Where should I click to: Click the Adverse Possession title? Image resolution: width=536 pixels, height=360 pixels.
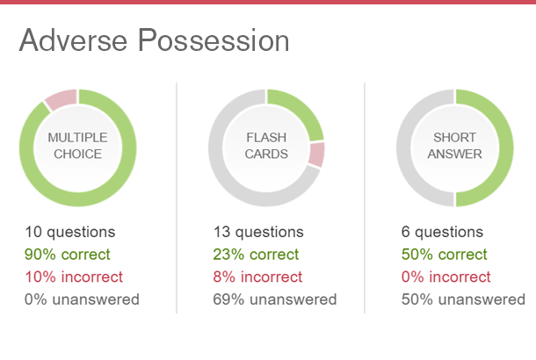coord(154,40)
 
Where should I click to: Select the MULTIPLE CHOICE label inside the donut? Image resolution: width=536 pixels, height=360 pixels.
coord(77,146)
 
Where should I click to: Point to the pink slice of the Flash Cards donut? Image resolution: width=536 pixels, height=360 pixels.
coord(316,155)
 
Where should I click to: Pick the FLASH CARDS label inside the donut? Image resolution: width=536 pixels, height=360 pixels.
coord(266,146)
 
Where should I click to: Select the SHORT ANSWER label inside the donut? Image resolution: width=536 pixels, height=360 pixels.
coord(454,146)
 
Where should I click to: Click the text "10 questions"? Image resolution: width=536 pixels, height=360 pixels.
coord(70,232)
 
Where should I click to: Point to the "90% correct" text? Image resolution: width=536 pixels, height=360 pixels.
coord(68,255)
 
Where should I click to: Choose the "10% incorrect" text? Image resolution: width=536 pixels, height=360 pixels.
coord(74,277)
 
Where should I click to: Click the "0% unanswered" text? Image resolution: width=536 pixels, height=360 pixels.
coord(82,299)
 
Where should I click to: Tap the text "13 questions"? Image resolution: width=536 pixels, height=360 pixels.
coord(258,232)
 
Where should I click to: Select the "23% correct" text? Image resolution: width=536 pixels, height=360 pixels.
coord(256,255)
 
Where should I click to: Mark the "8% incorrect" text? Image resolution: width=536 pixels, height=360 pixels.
coord(257,277)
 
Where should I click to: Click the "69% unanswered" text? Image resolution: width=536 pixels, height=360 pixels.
coord(275,299)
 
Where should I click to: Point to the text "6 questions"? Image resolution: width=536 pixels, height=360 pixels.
coord(442,232)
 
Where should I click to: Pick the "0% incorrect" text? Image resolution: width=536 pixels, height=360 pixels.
coord(446,277)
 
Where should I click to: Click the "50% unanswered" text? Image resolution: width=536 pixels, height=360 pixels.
coord(463,299)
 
